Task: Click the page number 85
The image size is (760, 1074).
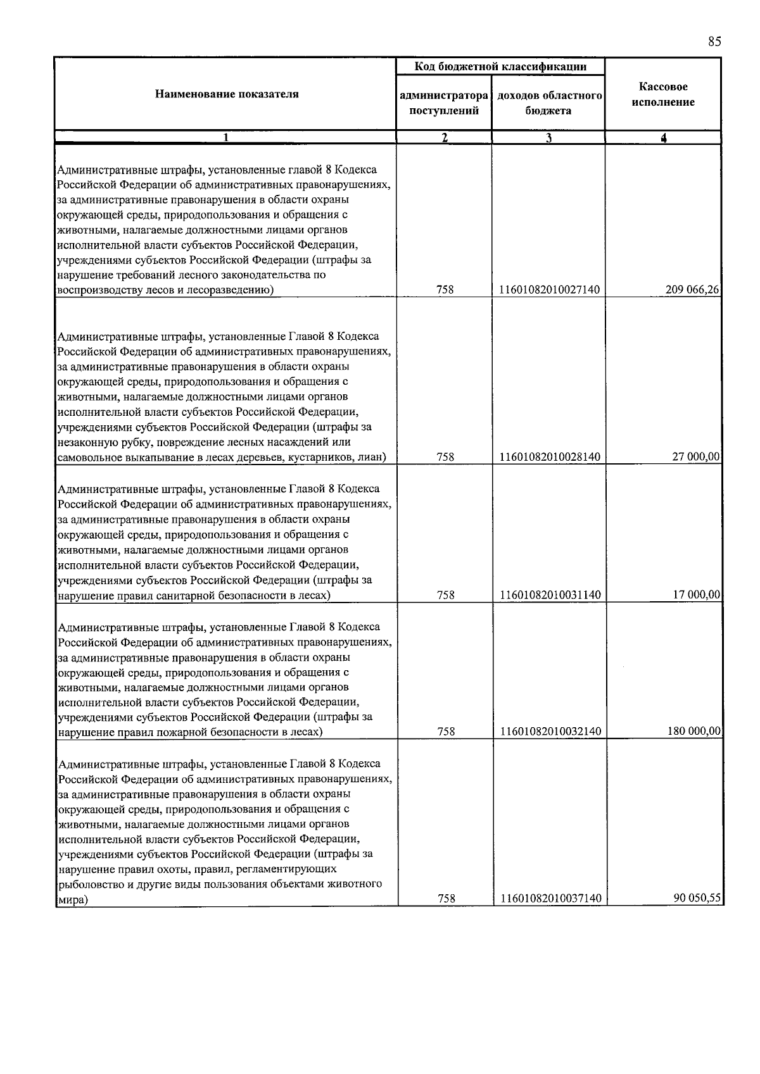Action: pos(714,42)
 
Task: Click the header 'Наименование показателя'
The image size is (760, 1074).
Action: pos(227,94)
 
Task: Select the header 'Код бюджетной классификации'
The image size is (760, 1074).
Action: pos(500,66)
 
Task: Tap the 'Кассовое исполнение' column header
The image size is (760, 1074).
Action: pos(663,94)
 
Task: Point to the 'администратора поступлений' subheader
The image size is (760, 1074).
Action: pos(444,103)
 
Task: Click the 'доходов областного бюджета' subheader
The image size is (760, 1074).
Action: pos(548,103)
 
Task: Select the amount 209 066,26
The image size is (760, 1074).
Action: pos(693,290)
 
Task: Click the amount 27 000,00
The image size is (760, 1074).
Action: pos(697,457)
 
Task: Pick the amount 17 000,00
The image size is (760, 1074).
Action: pos(697,595)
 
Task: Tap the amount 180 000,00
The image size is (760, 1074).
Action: pos(694,732)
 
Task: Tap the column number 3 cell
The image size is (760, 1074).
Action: pos(548,138)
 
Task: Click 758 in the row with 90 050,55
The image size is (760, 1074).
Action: pos(445,899)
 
